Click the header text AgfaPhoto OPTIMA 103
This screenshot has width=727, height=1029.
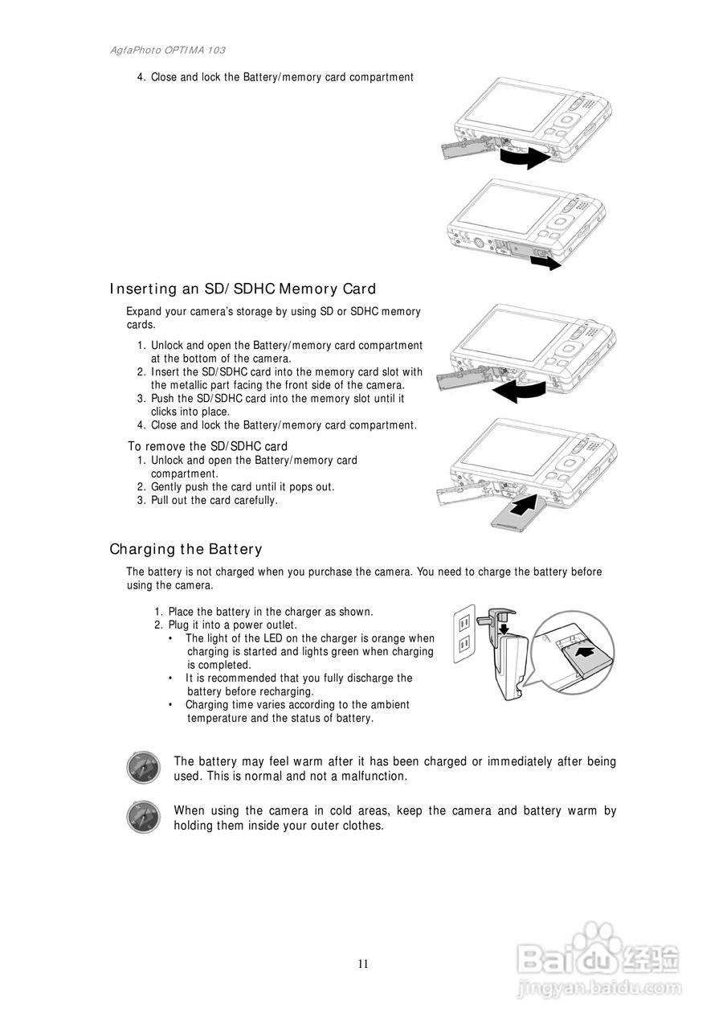click(167, 50)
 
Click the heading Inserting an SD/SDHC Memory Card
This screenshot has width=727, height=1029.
click(243, 289)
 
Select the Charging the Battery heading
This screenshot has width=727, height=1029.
click(186, 550)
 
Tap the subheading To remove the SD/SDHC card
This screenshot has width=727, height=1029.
click(207, 446)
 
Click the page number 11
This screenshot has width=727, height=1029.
click(363, 964)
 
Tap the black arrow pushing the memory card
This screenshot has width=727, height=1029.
click(528, 507)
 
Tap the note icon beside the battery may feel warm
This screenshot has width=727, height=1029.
click(143, 768)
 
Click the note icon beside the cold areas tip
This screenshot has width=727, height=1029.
click(143, 817)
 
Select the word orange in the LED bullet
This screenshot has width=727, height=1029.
click(398, 638)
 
